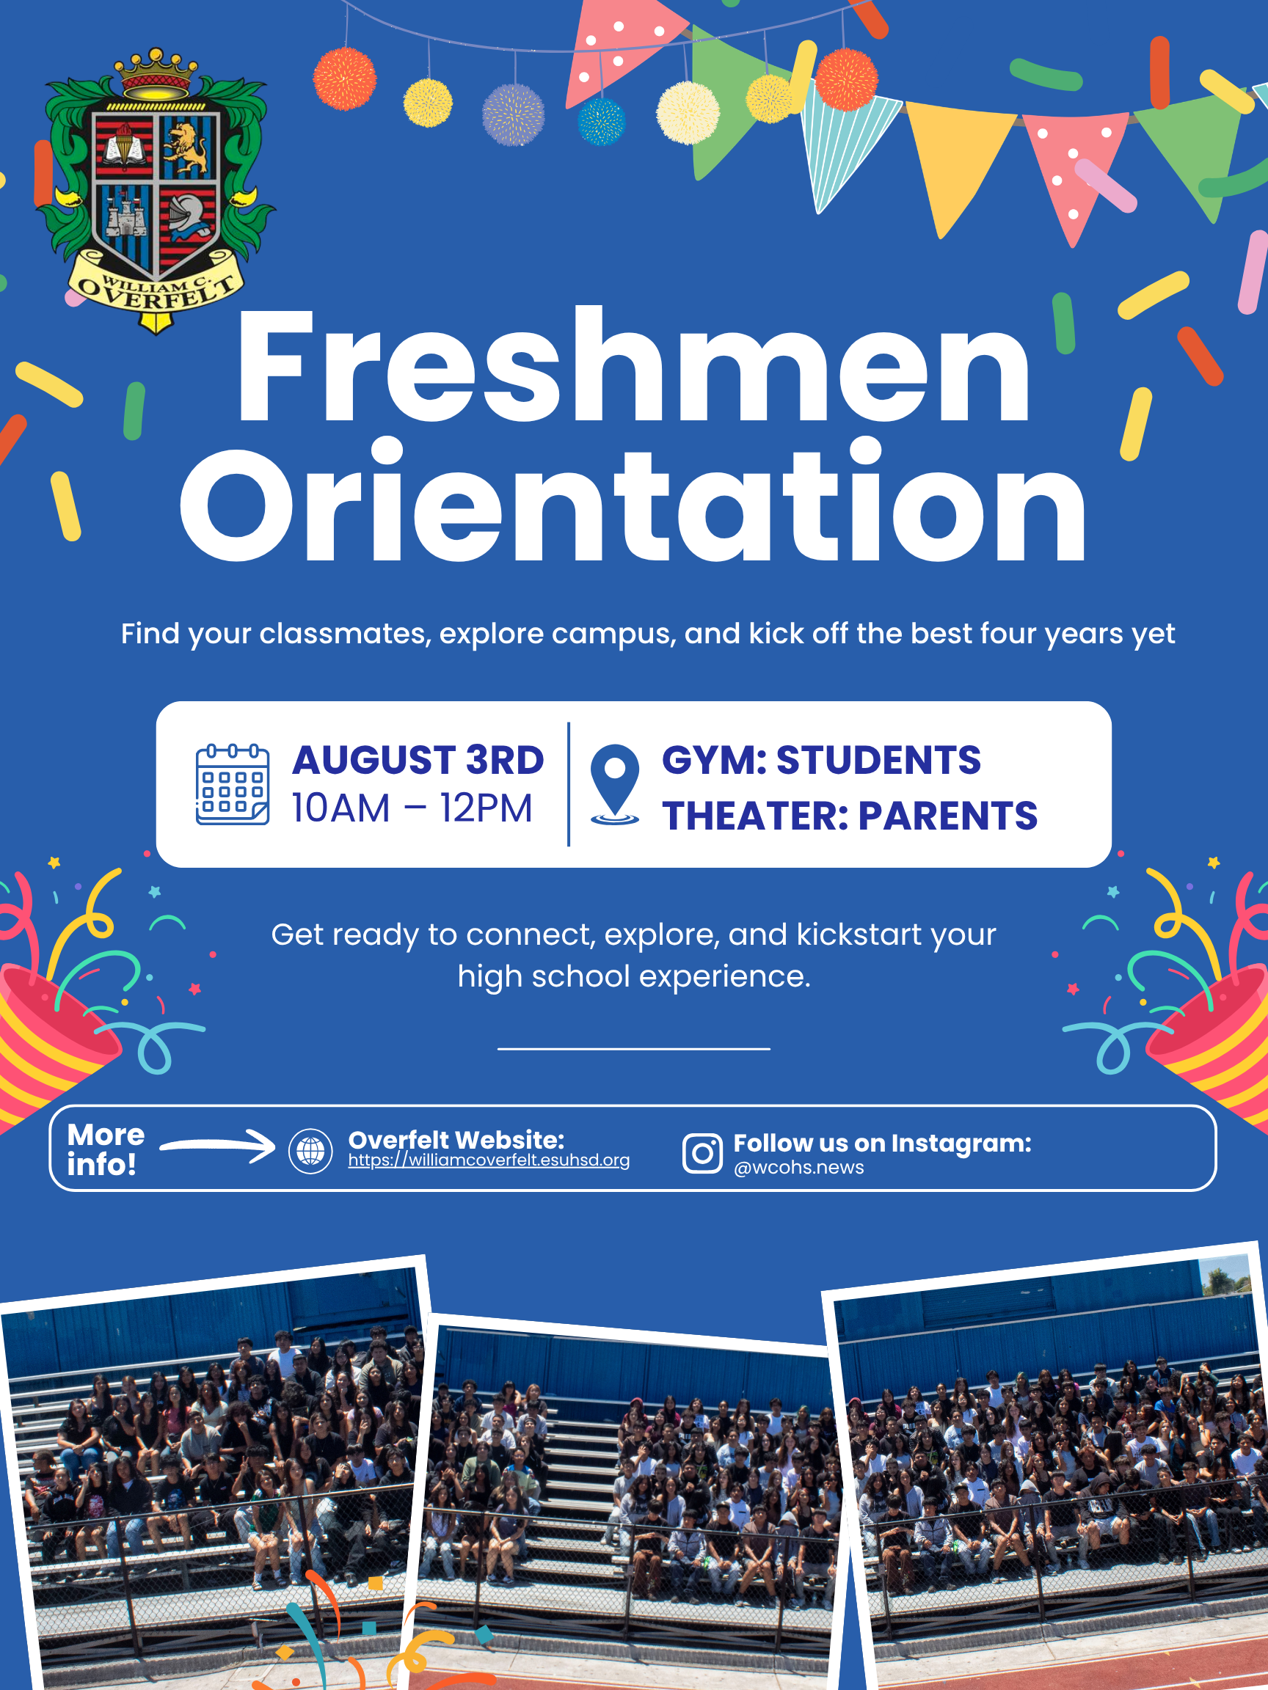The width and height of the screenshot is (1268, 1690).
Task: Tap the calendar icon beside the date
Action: coord(233,785)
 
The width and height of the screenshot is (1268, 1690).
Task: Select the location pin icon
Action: coord(614,785)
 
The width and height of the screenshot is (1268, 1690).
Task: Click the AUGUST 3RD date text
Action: coord(418,760)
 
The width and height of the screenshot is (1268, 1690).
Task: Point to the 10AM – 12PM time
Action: coord(412,808)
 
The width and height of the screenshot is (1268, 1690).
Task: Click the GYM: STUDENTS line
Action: coord(822,760)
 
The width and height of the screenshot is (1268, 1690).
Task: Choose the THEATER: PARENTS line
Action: coord(850,815)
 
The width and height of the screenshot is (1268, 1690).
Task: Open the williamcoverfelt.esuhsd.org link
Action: coord(489,1160)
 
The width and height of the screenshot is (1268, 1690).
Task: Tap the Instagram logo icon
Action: coord(702,1153)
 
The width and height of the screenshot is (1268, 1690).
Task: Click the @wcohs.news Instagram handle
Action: coord(798,1168)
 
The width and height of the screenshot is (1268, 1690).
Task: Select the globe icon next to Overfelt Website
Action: coord(310,1151)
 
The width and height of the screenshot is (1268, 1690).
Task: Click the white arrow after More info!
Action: coord(218,1145)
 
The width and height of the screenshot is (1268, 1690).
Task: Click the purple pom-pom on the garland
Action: coord(514,115)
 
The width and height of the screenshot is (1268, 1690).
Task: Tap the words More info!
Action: coord(106,1150)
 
